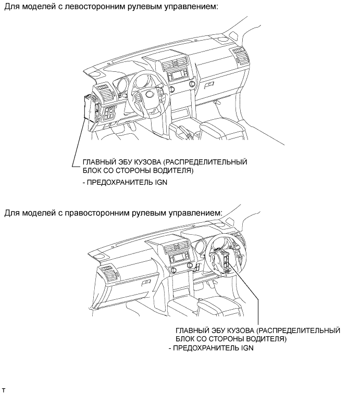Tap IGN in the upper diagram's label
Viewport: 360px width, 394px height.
(161, 182)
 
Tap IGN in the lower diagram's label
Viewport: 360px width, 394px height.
(247, 348)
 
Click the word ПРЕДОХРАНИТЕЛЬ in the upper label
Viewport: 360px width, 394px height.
(120, 182)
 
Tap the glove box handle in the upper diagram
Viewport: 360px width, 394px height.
(209, 85)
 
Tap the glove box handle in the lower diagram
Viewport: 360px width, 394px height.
(146, 283)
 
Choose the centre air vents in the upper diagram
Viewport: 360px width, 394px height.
(175, 63)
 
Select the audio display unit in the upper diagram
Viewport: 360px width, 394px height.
(178, 75)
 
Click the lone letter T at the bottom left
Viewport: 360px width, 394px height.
(3, 390)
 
